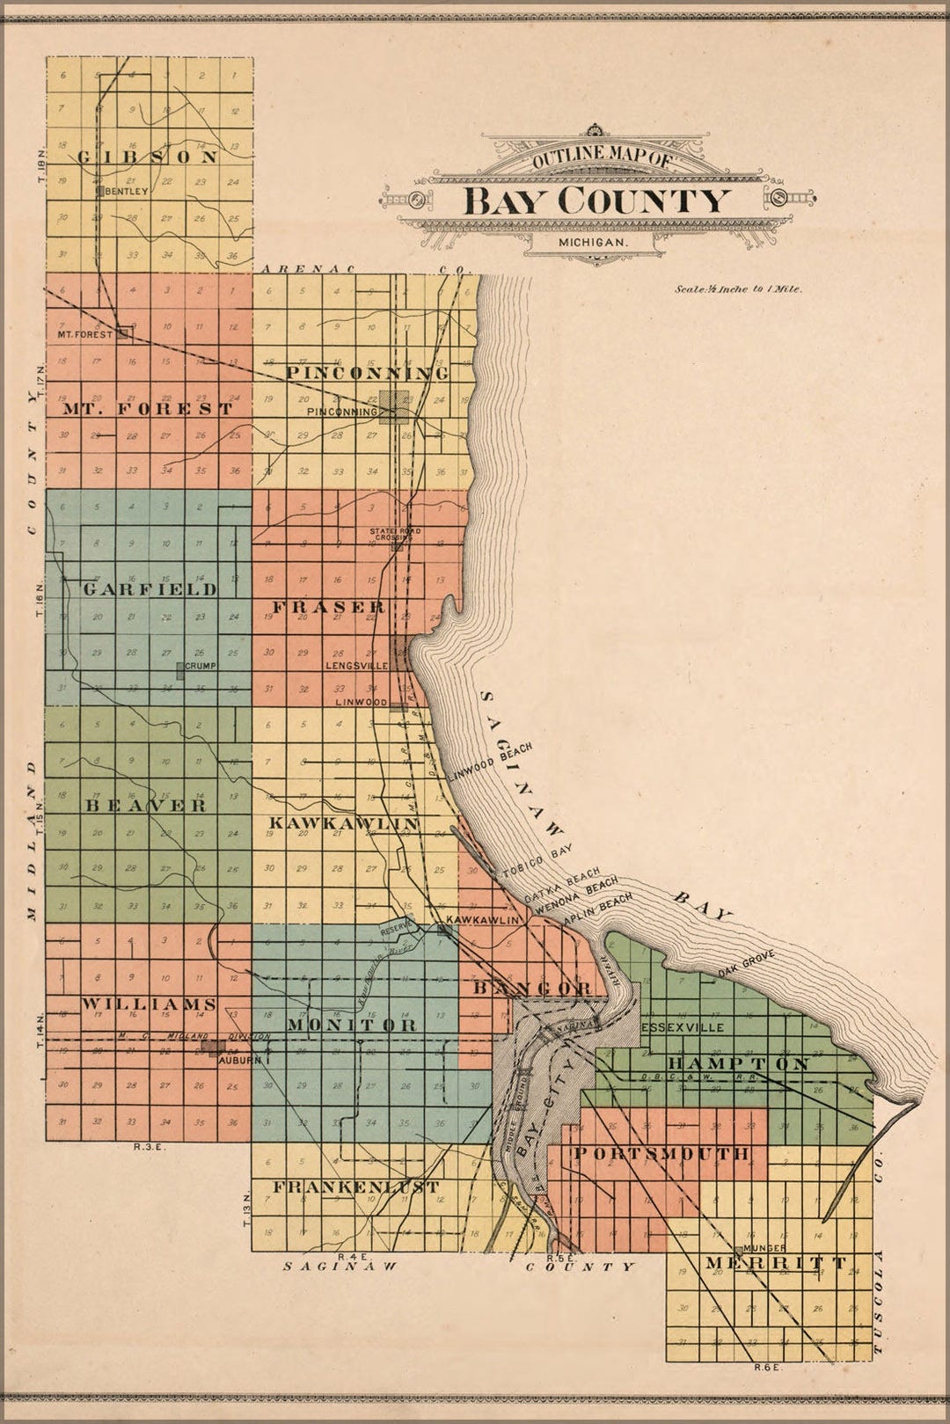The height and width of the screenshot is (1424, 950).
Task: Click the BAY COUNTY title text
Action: [x=596, y=201]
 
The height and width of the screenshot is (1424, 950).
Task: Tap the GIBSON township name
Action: [x=147, y=157]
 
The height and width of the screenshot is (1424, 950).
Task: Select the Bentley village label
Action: [x=127, y=190]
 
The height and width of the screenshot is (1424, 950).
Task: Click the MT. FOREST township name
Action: [x=148, y=409]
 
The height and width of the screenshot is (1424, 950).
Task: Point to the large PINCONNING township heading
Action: [x=368, y=373]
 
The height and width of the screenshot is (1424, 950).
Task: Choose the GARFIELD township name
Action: [x=150, y=589]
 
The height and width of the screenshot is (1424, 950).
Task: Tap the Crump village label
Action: [x=200, y=666]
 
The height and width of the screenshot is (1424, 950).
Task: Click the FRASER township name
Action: [x=327, y=607]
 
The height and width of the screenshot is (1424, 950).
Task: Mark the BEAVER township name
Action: [x=146, y=805]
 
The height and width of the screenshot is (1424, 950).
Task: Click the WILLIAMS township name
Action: [x=150, y=1004]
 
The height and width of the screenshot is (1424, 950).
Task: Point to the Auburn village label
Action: [x=240, y=1061]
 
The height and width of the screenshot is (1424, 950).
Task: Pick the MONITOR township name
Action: [x=352, y=1025]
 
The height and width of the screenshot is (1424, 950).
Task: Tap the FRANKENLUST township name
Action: [x=355, y=1187]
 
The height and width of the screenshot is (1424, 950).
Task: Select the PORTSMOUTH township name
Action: [x=661, y=1153]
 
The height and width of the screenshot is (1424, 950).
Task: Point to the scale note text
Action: [x=738, y=288]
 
